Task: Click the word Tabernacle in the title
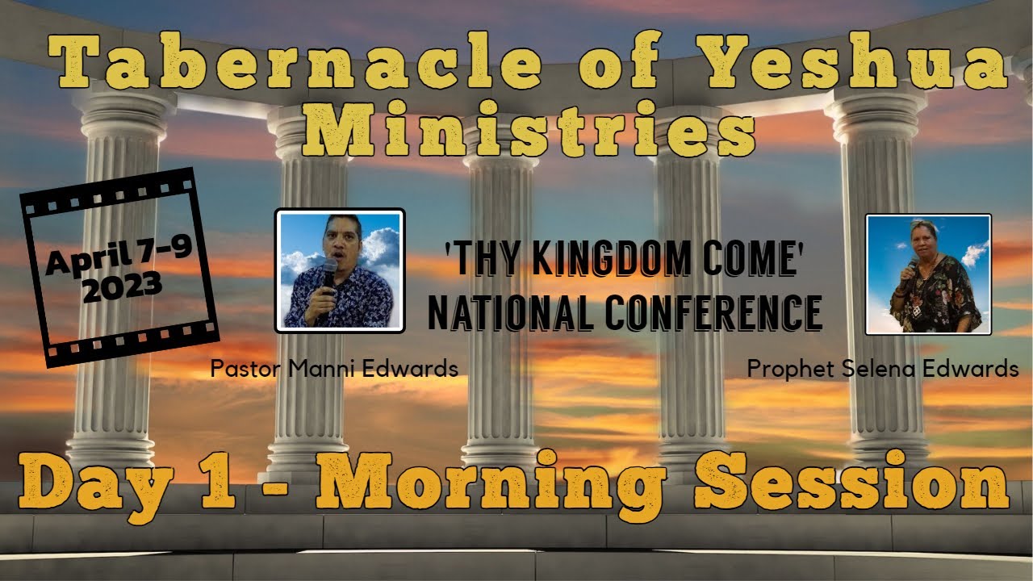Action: click(295, 60)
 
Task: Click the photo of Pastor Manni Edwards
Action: click(340, 270)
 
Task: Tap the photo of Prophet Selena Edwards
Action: click(928, 274)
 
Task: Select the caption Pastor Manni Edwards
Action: click(334, 369)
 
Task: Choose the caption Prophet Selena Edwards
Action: click(883, 369)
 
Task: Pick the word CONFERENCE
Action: click(713, 312)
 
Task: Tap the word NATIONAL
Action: click(511, 312)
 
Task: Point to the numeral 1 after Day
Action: click(218, 482)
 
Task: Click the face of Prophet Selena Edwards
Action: click(922, 240)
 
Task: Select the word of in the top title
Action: click(621, 60)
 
